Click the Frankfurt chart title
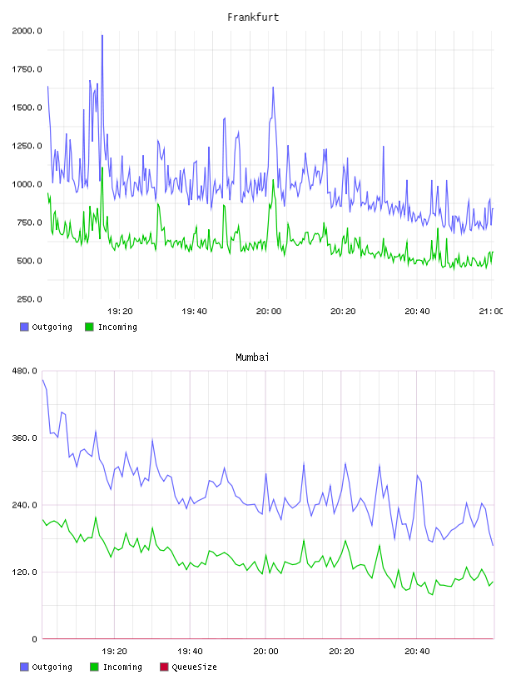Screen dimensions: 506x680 253,17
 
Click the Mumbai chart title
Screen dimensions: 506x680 252,357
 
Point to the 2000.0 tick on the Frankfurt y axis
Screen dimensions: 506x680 27,31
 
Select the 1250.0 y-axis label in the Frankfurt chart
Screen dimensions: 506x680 27,146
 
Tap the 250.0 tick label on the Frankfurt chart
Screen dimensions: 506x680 29,299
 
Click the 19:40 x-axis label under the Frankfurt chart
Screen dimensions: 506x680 194,312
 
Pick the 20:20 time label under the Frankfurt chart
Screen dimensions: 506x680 343,312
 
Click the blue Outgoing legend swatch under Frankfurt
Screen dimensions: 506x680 24,327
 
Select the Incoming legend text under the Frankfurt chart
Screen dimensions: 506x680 117,327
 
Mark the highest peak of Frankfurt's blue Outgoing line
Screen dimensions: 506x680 102,36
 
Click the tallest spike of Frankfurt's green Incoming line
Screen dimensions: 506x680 102,167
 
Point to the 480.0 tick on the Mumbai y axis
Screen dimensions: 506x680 25,371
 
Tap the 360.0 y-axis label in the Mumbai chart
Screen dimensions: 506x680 25,438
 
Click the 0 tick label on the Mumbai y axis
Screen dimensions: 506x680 35,639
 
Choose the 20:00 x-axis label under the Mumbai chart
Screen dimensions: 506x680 266,652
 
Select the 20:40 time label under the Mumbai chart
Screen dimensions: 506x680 417,652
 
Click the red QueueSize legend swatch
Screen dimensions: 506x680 164,667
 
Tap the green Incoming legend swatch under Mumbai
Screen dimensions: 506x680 94,667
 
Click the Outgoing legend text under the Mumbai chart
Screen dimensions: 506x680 52,667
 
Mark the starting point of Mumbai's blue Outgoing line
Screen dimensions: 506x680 43,380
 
